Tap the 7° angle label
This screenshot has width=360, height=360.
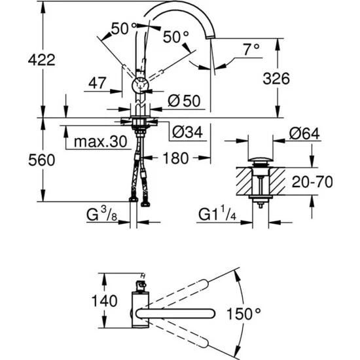251,48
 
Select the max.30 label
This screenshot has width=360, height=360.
99,141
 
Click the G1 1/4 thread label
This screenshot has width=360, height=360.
218,214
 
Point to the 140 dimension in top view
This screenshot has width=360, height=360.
105,301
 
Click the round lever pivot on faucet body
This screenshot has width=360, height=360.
141,85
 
